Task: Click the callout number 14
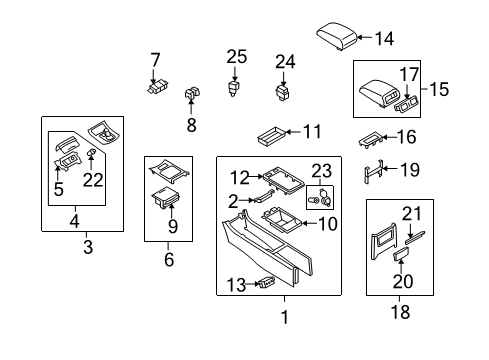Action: click(384, 39)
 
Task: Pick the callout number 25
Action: click(235, 56)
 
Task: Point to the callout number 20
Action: click(402, 281)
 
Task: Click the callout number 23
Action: click(320, 170)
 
